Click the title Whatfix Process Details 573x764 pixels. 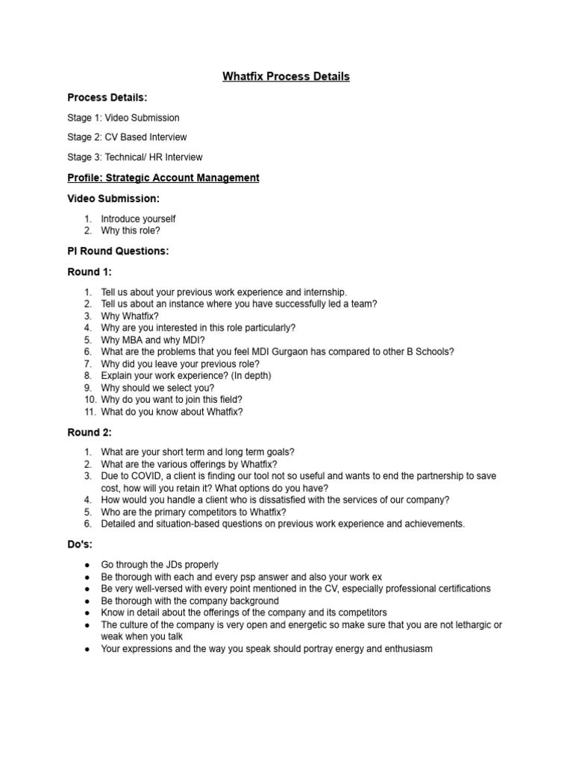(x=286, y=77)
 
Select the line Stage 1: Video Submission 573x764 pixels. (x=123, y=118)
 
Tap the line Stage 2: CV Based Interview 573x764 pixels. (x=127, y=137)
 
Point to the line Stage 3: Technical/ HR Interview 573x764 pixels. (x=134, y=157)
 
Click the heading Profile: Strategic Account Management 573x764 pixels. (x=163, y=178)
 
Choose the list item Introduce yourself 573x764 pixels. (x=138, y=219)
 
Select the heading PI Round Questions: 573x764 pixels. (x=118, y=251)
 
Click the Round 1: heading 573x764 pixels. (x=90, y=272)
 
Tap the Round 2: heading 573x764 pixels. (x=90, y=432)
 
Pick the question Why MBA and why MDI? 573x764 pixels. (x=153, y=339)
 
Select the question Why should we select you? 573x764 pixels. (x=157, y=388)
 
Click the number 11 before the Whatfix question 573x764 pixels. (x=87, y=412)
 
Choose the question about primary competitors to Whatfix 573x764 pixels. (x=193, y=512)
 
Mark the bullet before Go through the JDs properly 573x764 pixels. (x=87, y=566)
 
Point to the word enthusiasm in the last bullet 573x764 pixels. (x=404, y=649)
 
